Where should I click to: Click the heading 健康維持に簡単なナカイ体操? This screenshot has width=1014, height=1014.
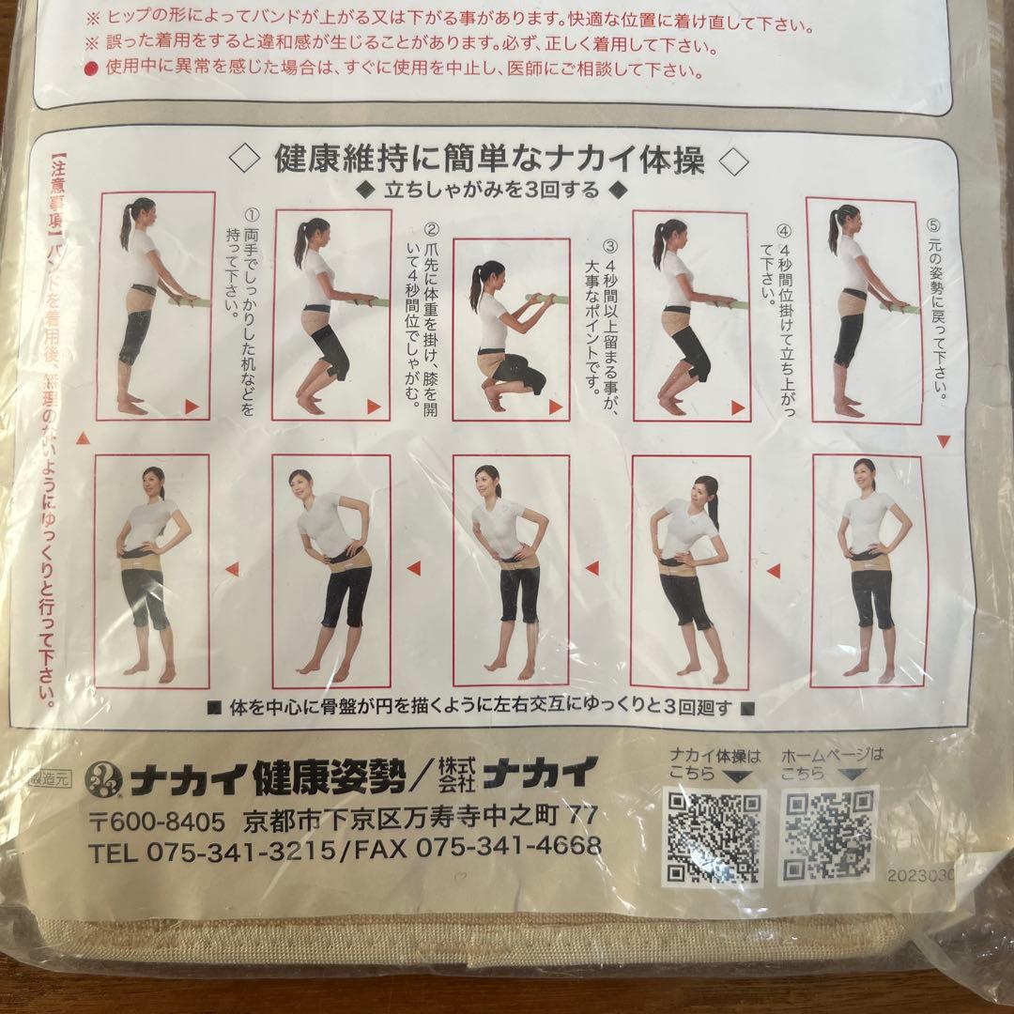coord(488,161)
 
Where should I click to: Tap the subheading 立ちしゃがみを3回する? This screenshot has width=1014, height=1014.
coord(490,191)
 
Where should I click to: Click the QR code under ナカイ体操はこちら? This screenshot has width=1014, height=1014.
coord(715,837)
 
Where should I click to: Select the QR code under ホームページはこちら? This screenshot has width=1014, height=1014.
coord(829,836)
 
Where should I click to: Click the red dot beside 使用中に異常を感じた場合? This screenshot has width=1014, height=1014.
coord(92,68)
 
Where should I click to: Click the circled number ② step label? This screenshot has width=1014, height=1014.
coord(432,228)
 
